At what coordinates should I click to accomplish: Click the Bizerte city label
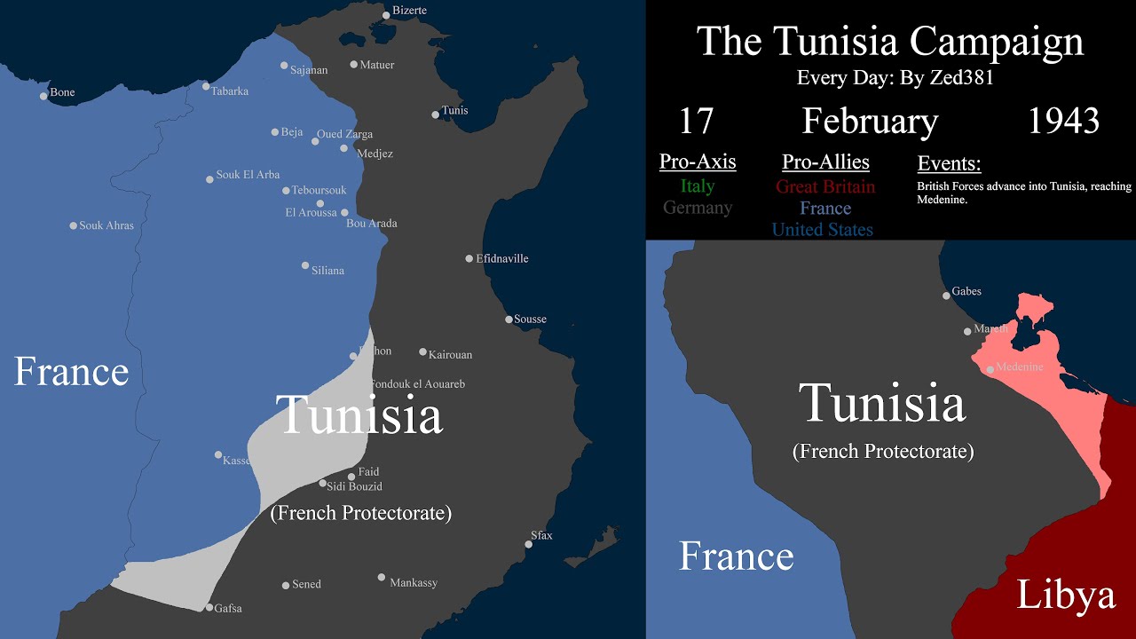[x=409, y=11]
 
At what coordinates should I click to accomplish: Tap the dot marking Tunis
[x=435, y=114]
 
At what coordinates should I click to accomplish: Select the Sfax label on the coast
[x=541, y=536]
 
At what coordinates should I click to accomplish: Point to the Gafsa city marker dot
[x=209, y=608]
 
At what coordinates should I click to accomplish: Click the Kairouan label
[x=450, y=355]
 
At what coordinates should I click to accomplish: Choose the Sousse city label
[x=530, y=319]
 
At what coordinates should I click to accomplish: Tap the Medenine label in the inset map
[x=1019, y=367]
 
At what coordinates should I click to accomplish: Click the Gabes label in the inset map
[x=966, y=291]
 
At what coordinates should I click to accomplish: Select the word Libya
[x=1065, y=595]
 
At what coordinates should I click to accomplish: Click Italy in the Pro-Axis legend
[x=698, y=186]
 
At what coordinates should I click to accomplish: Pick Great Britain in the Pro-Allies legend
[x=824, y=186]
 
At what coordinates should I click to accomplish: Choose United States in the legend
[x=822, y=230]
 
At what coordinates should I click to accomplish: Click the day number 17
[x=696, y=121]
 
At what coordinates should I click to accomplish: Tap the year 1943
[x=1063, y=121]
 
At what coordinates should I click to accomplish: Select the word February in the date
[x=870, y=121]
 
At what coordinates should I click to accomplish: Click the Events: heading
[x=949, y=163]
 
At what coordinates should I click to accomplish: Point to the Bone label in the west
[x=62, y=92]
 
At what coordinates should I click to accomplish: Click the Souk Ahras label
[x=106, y=225]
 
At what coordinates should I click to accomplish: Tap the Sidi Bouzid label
[x=354, y=486]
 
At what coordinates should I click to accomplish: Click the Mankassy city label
[x=414, y=583]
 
